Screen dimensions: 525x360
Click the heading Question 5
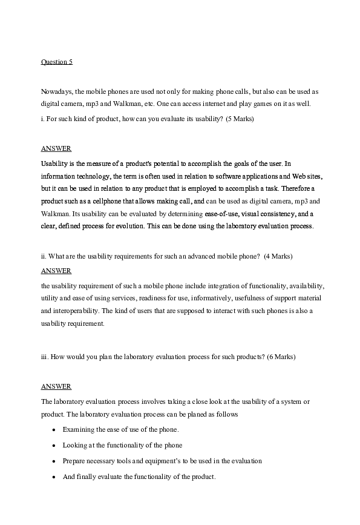[56, 62]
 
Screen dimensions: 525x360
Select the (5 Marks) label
[240, 119]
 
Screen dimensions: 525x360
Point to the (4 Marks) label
[279, 256]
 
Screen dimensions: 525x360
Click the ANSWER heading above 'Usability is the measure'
[56, 148]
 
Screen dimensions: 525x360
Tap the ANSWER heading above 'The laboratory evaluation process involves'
[56, 386]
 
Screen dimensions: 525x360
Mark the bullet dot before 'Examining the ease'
[54, 430]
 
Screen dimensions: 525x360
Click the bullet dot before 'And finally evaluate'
[54, 477]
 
